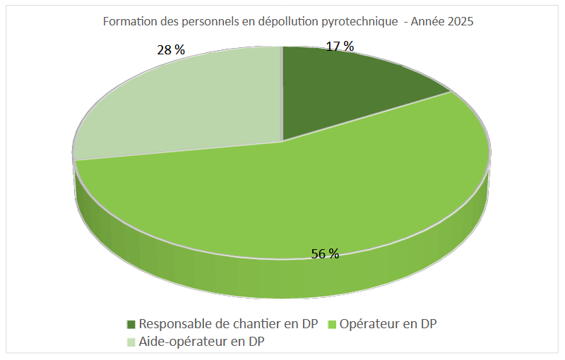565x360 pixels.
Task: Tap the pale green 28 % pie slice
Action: (191, 106)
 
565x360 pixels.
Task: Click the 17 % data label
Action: (340, 47)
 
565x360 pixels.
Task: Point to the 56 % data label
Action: (325, 254)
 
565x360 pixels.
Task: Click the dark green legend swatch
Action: (131, 325)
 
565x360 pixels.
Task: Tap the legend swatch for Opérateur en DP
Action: (332, 325)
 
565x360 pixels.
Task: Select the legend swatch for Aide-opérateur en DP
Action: (131, 342)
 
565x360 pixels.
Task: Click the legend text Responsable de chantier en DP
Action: (229, 325)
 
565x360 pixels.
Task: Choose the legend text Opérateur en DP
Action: (388, 325)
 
